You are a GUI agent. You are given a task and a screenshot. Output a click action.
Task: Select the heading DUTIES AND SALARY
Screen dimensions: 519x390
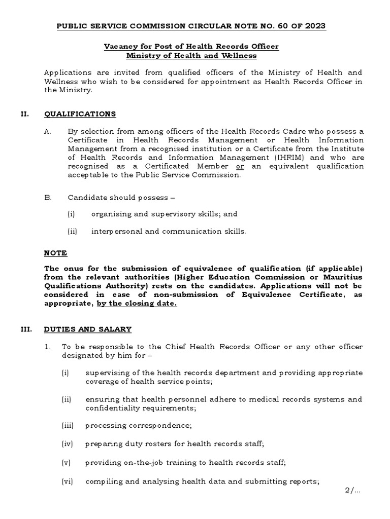[x=88, y=329]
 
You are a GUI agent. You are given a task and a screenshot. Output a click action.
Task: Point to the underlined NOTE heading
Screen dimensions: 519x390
[x=55, y=253]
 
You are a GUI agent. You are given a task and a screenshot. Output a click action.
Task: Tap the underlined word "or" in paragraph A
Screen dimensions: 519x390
[x=240, y=166]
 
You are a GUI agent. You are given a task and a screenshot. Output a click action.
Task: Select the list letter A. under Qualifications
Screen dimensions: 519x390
[x=48, y=131]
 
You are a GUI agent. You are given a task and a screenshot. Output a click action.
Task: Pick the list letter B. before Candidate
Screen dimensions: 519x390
[x=48, y=197]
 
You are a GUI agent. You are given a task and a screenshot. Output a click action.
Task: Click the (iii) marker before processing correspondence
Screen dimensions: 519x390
[x=68, y=426]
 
